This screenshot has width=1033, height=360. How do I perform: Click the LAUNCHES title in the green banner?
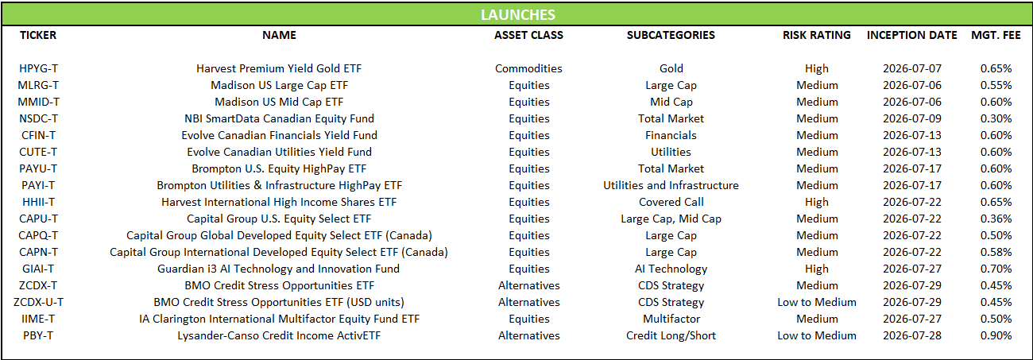518,15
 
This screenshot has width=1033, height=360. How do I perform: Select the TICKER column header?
38,35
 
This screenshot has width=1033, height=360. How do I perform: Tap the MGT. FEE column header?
996,35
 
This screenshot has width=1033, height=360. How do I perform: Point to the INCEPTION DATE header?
911,35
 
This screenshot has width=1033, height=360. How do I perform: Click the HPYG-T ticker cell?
38,68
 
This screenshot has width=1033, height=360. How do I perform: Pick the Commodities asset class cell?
528,68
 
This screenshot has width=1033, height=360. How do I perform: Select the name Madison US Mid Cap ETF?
279,102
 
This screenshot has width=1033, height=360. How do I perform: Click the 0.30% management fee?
996,118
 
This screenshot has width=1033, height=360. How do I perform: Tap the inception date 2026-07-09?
911,118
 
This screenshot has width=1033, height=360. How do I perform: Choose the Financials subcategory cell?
671,135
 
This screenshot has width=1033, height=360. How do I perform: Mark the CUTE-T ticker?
38,152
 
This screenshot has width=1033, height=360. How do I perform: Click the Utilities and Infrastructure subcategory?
671,185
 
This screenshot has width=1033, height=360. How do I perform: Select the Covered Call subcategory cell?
671,202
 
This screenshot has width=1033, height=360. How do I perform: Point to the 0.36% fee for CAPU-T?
996,219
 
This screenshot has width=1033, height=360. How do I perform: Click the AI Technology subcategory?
671,269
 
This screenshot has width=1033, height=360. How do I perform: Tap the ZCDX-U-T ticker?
38,302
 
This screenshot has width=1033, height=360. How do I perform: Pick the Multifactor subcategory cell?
671,319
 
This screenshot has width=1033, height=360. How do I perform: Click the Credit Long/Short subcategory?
671,335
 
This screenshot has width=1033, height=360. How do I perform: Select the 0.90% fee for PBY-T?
996,335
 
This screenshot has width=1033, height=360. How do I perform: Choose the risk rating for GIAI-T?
816,269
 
